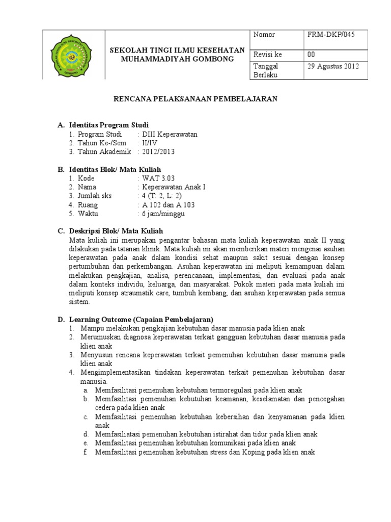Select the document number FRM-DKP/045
[331, 35]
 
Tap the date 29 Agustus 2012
[333, 66]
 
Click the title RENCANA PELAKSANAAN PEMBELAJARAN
[195, 99]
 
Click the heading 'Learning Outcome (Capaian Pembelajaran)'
[141, 319]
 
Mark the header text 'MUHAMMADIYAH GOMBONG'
[177, 59]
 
